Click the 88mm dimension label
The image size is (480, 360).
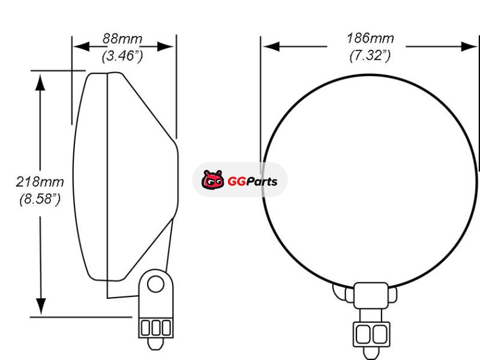click(x=122, y=39)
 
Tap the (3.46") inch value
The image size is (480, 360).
click(x=122, y=56)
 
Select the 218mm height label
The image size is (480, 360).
click(x=40, y=182)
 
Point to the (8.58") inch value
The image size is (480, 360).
click(x=40, y=199)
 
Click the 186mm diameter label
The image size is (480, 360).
click(x=370, y=38)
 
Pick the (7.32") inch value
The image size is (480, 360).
click(x=370, y=55)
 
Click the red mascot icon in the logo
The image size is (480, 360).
click(x=213, y=179)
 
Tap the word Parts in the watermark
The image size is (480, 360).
click(x=262, y=182)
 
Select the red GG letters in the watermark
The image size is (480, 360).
click(x=236, y=182)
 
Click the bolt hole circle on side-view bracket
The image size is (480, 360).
click(x=155, y=284)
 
